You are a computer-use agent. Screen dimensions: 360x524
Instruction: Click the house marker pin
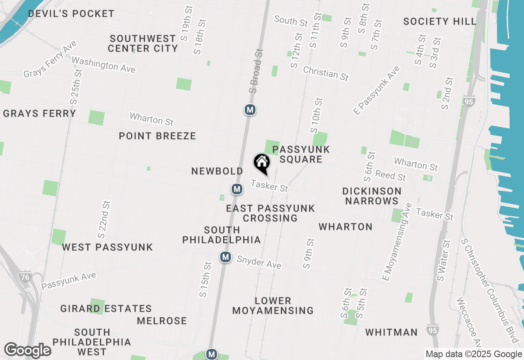pos(262,163)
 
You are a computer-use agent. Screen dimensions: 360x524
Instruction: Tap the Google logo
pos(27,350)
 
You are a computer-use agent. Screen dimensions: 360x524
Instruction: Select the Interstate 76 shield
pos(25,277)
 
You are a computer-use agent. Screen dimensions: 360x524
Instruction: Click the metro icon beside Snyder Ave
pos(225,257)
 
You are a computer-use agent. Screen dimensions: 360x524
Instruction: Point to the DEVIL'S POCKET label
pos(71,13)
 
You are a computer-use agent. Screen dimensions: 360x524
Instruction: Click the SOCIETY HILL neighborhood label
pos(440,21)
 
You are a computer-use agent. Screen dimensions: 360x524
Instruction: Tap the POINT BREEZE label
pos(157,136)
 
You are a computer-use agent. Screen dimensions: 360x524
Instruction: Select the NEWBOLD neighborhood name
pos(217,171)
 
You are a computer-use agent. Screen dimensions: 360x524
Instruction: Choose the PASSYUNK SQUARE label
pos(301,154)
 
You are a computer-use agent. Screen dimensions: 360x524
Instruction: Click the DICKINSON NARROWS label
pos(372,196)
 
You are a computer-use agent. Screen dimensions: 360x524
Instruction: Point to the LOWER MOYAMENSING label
pos(273,306)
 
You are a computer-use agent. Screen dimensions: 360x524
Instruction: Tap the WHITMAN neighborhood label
pos(391,332)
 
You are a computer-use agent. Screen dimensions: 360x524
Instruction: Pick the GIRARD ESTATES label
pos(106,308)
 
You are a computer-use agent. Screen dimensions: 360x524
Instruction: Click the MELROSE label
pos(162,321)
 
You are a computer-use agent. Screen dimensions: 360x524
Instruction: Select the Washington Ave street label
pos(104,65)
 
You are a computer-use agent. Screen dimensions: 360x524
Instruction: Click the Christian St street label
pos(326,74)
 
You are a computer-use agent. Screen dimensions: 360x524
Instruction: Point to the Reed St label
pos(391,175)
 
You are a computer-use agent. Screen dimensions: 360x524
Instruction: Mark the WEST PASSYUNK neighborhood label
pos(107,247)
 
